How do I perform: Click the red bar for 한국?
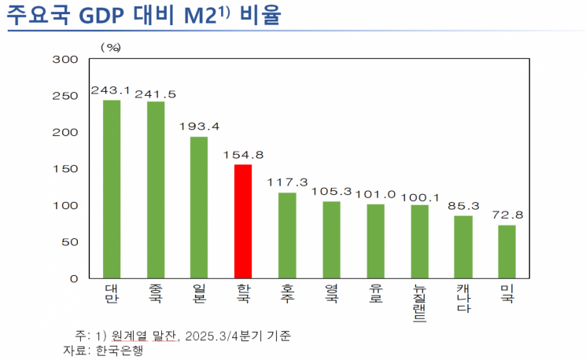click(x=243, y=221)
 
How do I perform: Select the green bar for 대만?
click(x=112, y=189)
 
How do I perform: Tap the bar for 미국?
click(x=507, y=252)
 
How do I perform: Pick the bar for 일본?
click(x=199, y=207)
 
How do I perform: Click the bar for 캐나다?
click(x=463, y=247)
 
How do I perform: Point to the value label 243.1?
click(x=111, y=90)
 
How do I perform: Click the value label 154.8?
click(x=243, y=155)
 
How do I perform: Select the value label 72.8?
click(x=507, y=215)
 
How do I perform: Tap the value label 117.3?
click(x=287, y=182)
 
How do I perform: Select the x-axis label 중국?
click(x=156, y=295)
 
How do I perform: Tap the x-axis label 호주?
click(x=287, y=295)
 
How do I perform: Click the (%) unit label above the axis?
click(x=110, y=47)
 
